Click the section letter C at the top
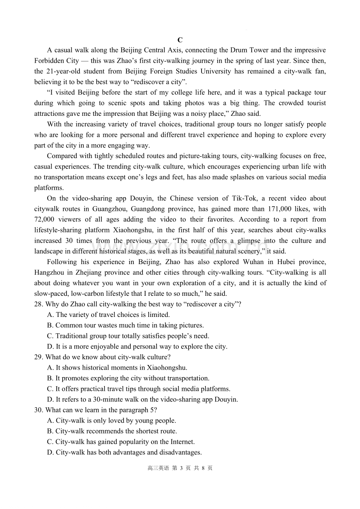coord(180,40)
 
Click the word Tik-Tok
coord(245,198)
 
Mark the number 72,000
coord(44,219)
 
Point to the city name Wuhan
coord(254,262)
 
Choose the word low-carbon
coord(89,293)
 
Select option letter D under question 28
coord(50,347)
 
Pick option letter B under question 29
coord(50,378)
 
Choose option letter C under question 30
coord(50,442)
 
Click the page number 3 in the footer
coord(182,468)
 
